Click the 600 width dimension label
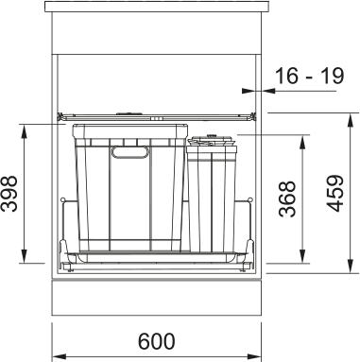(156, 341)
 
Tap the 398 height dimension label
(9, 194)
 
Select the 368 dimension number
(287, 198)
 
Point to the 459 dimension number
(334, 194)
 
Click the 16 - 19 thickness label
(309, 76)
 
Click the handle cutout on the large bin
(129, 152)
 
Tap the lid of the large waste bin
(130, 131)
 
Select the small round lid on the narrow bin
(212, 140)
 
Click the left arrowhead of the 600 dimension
(59, 356)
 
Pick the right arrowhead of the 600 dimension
(254, 356)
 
